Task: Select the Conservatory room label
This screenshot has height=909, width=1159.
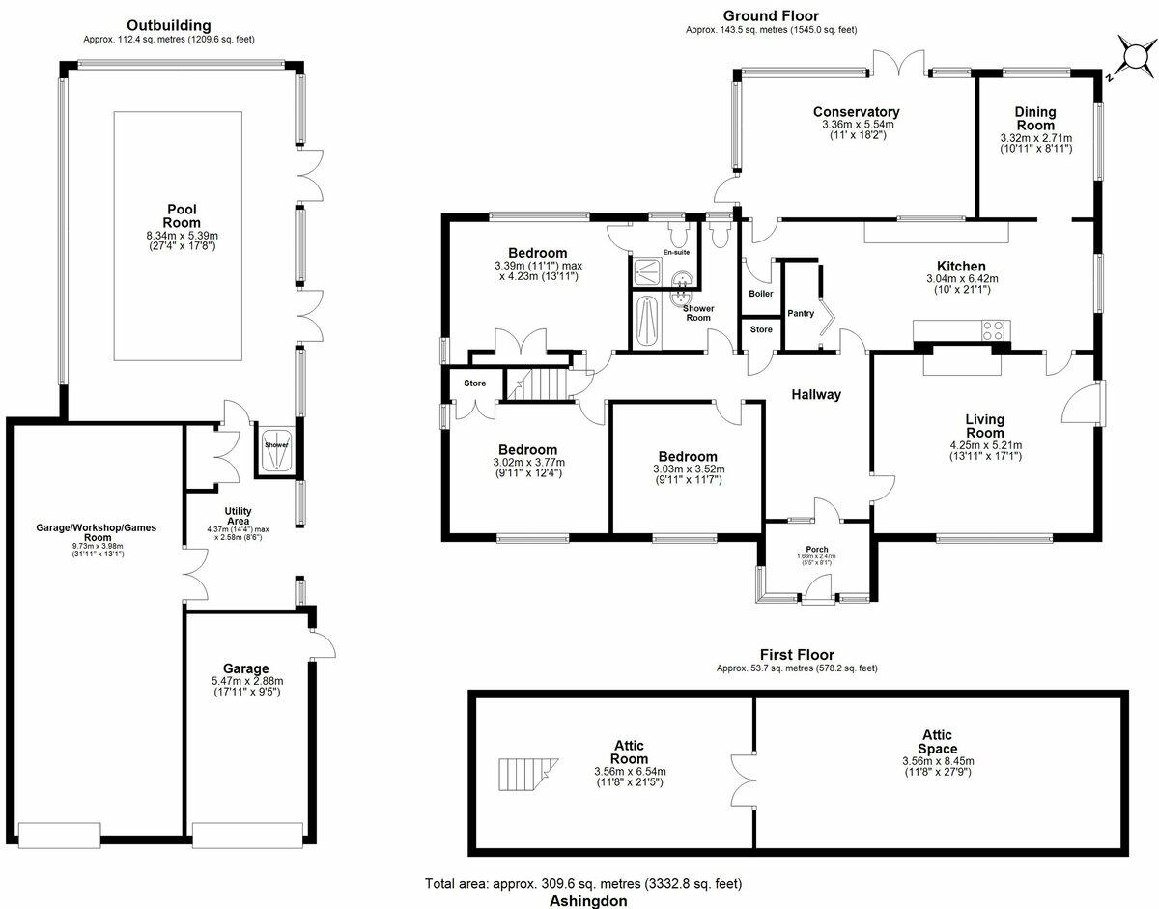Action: [x=856, y=112]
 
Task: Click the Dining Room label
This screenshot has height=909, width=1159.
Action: [x=1034, y=119]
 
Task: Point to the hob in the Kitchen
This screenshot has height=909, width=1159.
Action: [x=994, y=330]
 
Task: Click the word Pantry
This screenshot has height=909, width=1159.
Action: [x=801, y=313]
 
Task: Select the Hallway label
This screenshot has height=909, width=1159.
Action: [x=816, y=394]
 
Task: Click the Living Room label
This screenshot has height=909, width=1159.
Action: [x=984, y=426]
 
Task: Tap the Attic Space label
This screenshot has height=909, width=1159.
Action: [x=937, y=742]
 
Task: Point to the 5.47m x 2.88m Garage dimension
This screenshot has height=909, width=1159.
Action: [x=245, y=681]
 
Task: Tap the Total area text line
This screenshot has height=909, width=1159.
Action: [x=583, y=883]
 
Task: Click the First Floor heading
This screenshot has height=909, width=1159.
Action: [x=796, y=654]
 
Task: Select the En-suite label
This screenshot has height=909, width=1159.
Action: [x=675, y=252]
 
